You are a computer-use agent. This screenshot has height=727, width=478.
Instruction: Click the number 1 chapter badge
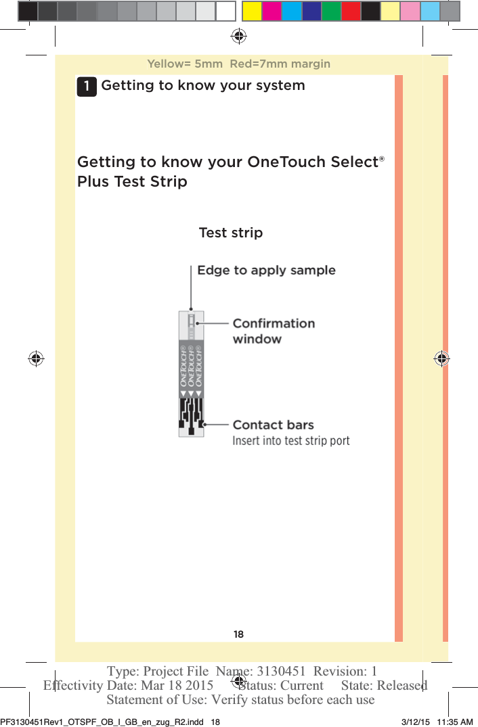[86, 87]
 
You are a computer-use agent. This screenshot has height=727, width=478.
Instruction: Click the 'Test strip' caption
[230, 233]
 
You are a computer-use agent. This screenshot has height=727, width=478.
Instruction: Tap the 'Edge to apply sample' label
[266, 271]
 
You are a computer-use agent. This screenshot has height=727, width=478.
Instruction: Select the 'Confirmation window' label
[274, 331]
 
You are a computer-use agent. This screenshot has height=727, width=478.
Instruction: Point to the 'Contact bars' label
[273, 425]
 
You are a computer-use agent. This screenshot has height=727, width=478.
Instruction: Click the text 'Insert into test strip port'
[291, 441]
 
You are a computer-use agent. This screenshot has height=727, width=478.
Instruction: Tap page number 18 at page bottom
[238, 634]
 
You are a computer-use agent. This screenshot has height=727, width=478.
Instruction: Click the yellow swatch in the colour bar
[252, 11]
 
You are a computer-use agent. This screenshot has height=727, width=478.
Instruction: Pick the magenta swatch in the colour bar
[271, 11]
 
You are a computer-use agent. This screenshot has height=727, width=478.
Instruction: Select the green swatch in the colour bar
[331, 11]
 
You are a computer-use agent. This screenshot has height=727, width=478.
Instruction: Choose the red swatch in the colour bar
[351, 11]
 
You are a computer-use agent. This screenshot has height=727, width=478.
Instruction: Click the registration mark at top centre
[238, 36]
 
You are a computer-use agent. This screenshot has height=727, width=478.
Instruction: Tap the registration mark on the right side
[441, 358]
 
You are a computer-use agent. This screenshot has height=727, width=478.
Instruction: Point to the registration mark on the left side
[36, 358]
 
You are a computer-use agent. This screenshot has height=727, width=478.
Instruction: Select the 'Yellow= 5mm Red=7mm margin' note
[238, 64]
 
